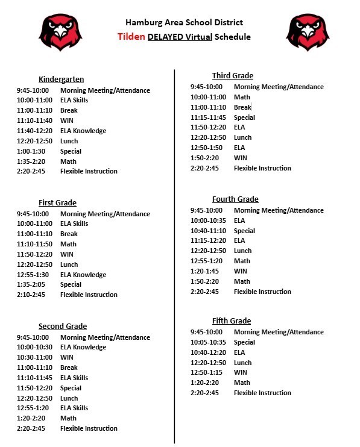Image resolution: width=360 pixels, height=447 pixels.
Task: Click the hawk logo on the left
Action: pos(61,33)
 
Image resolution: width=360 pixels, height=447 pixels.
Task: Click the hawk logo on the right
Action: pos(308,33)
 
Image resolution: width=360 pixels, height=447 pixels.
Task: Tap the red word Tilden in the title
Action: pos(131,37)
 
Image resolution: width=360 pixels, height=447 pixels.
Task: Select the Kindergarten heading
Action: pos(61,80)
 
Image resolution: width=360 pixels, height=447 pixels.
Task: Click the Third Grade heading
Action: pos(232,76)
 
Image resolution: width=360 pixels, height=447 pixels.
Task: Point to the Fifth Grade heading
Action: pos(231,321)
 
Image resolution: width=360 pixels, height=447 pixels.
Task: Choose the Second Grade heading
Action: pos(63,327)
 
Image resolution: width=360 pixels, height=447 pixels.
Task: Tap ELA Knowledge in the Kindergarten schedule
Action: pos(83,131)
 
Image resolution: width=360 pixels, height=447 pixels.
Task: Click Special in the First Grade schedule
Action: pos(71,284)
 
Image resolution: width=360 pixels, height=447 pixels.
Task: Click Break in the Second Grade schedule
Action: pos(69,367)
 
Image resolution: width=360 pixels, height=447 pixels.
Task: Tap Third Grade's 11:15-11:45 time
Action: pos(208,117)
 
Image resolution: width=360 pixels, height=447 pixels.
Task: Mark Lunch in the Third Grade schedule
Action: pos(242,137)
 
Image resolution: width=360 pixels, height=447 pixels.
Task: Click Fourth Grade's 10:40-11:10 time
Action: pos(208,231)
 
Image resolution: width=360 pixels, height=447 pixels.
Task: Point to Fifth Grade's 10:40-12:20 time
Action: pos(208,352)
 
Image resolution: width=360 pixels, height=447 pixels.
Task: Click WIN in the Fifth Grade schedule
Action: pos(240,372)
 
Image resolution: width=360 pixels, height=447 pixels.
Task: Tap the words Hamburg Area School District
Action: pos(184,23)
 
